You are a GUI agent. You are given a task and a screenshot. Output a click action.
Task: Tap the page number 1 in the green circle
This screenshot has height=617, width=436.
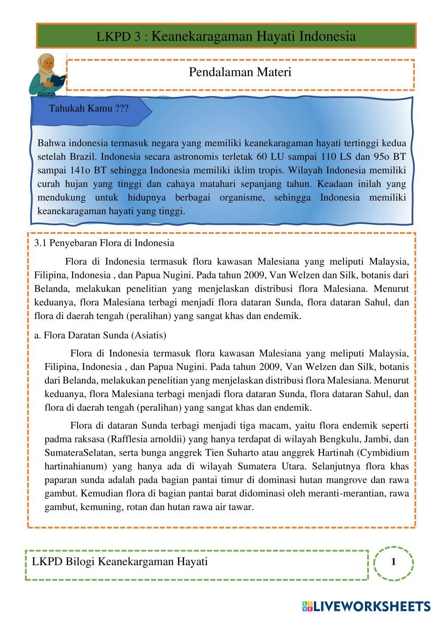[394, 562]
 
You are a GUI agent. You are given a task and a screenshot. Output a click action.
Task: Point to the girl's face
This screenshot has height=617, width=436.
[48, 64]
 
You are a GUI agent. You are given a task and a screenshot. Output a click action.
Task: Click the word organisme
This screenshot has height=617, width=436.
[242, 197]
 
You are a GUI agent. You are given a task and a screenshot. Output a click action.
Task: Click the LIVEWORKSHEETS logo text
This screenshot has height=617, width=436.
[371, 606]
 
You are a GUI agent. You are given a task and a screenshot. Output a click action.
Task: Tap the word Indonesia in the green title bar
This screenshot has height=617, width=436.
[327, 36]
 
